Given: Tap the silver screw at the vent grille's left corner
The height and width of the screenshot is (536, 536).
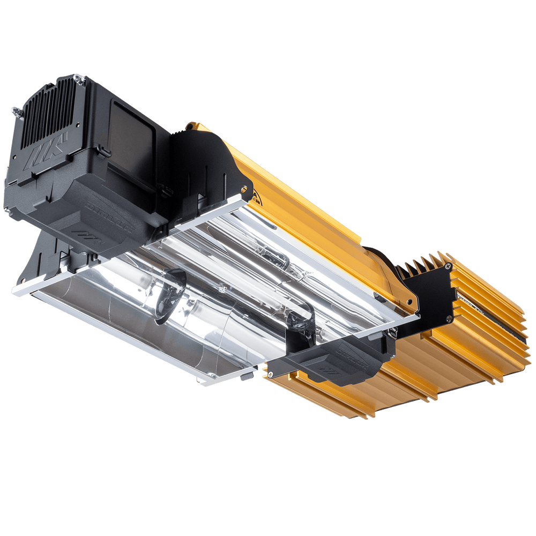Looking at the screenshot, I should click(15, 110).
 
